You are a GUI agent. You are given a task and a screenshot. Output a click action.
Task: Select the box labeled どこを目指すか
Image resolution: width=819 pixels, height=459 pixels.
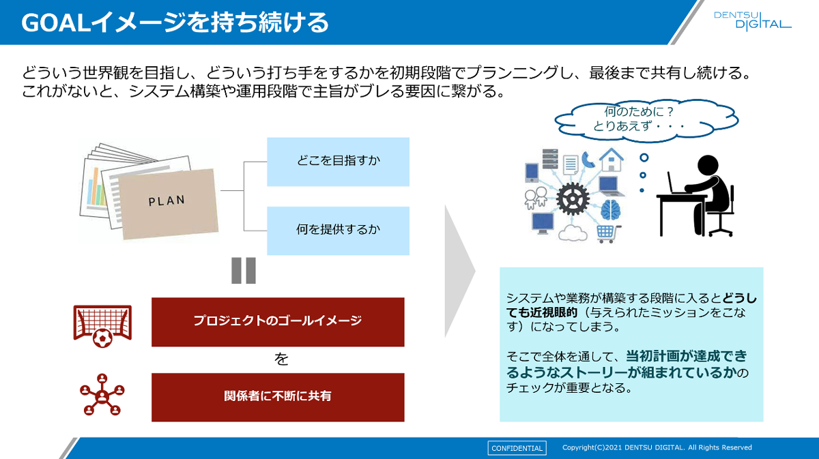338,162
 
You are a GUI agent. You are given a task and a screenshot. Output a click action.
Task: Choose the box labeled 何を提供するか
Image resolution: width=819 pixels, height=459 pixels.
338,231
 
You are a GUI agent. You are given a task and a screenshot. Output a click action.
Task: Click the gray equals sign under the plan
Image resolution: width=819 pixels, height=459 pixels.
244,271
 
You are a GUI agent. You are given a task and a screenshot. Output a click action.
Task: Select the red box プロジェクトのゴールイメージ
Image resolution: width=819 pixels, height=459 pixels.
278,321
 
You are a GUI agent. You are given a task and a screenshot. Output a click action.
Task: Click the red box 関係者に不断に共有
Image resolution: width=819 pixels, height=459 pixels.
278,396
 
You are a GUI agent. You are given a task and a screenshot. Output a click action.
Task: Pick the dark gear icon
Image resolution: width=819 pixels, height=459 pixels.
572,199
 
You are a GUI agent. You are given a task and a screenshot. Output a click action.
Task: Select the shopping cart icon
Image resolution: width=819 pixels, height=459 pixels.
605,233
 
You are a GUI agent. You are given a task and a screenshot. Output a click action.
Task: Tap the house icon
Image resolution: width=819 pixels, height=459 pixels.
611,160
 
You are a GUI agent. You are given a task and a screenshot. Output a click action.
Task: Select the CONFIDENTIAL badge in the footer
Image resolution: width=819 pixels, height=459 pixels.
517,448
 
